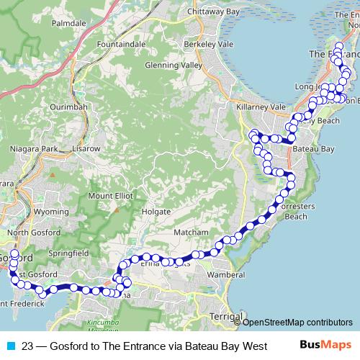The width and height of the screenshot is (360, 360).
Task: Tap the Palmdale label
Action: point(68,23)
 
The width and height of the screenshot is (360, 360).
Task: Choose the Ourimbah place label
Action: point(68,107)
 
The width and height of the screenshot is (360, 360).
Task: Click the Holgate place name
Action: point(156,212)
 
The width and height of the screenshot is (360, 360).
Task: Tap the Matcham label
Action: point(191,233)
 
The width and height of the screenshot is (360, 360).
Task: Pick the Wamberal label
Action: point(226,275)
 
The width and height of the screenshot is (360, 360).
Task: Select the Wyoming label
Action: point(51,212)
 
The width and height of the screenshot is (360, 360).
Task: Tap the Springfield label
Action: point(69,253)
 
